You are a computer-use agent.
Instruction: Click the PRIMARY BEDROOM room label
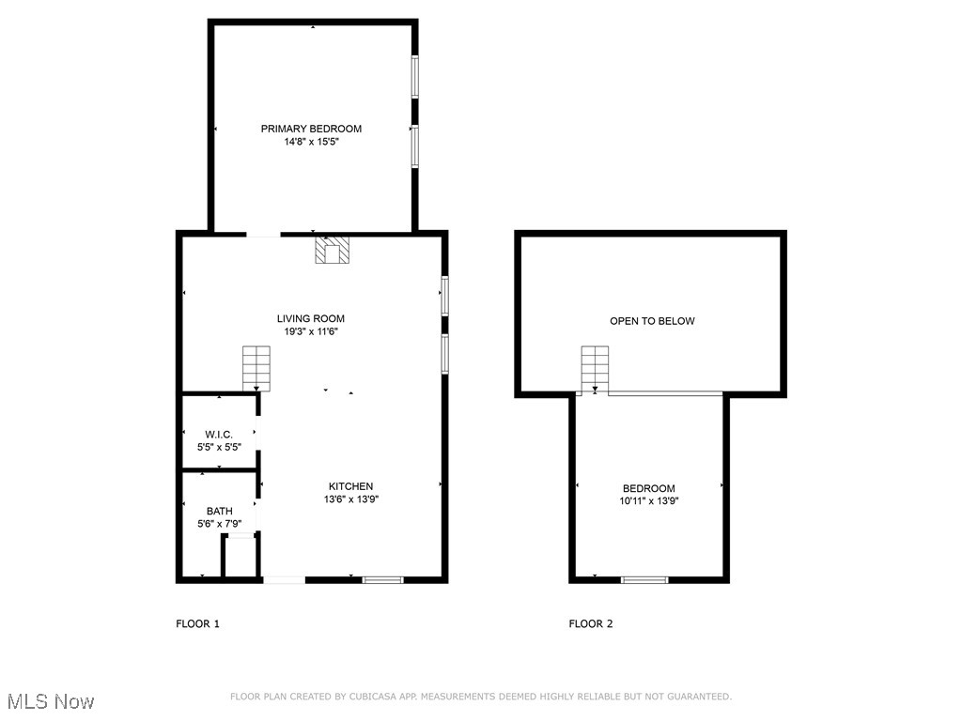pos(311,129)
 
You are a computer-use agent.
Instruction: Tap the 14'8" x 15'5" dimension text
pos(311,142)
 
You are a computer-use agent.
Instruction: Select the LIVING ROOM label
pos(310,319)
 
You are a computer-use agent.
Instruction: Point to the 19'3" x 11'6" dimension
pos(310,331)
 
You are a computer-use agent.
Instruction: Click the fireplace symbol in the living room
pos(331,251)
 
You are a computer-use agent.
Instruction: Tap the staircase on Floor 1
pos(256,367)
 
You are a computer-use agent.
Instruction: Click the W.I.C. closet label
pos(219,434)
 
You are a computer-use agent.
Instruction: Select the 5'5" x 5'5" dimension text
pos(219,447)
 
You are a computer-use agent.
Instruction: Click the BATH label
pos(220,511)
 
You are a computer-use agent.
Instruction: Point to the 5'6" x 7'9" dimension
pos(220,524)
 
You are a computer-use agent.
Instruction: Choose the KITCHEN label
pos(350,486)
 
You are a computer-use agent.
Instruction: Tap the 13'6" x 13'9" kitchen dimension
pos(350,499)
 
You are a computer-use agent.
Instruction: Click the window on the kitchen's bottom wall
pos(383,579)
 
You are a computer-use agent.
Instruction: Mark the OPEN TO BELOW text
pos(652,321)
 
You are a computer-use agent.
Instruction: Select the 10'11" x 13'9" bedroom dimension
pos(649,501)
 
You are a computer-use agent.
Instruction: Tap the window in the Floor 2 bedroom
pos(644,579)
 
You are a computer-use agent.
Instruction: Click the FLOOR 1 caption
pos(197,623)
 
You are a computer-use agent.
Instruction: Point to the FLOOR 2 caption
pos(591,623)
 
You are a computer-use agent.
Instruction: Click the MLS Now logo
pos(51,701)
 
